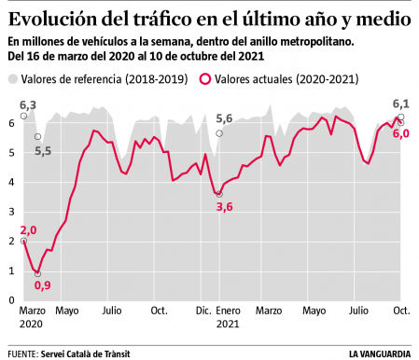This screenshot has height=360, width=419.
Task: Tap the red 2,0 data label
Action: [x=28, y=229]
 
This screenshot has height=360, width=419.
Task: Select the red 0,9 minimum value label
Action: [x=42, y=284]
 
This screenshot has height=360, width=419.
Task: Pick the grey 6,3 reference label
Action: [x=28, y=105]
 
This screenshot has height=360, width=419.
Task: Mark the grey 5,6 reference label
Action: [x=224, y=118]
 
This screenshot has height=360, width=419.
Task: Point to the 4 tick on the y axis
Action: [x=11, y=182]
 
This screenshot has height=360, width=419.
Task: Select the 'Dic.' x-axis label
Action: [x=203, y=312]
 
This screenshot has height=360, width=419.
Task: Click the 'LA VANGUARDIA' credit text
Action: [x=382, y=353]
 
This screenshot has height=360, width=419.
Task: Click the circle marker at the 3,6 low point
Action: [x=219, y=194]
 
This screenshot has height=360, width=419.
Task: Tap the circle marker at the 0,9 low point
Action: [x=38, y=274]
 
